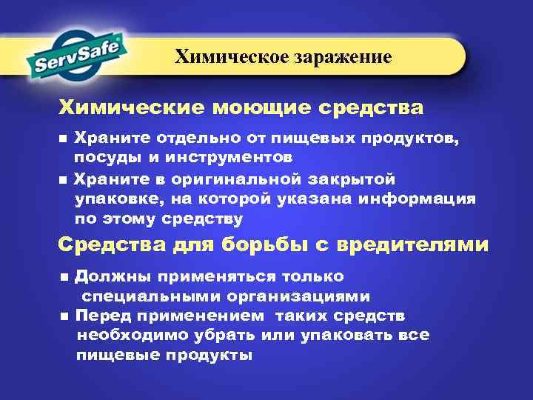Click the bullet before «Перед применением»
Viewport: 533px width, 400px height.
click(x=64, y=316)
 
